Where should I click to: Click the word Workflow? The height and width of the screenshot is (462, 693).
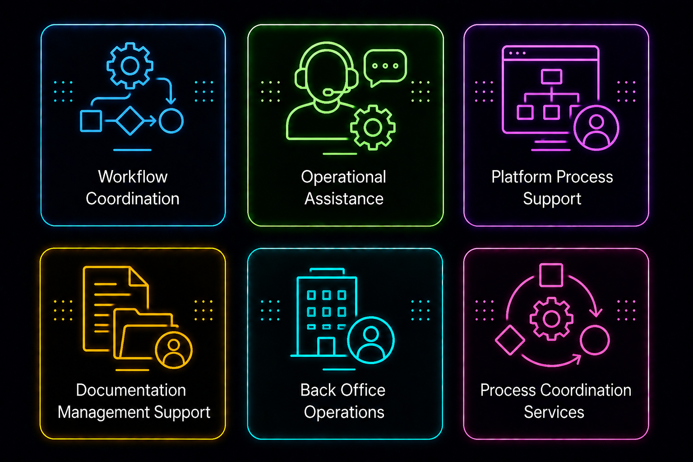[133, 177]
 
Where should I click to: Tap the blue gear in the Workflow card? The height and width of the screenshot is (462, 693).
[130, 65]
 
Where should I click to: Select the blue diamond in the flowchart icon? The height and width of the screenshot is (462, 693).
[130, 120]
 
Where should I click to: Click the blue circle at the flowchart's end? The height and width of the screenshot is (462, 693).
[171, 120]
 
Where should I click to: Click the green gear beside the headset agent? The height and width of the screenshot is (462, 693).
[373, 127]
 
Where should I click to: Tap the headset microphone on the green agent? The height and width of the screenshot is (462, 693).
[328, 92]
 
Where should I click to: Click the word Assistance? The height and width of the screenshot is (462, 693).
[344, 199]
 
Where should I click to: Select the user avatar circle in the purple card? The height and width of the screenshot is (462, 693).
[596, 128]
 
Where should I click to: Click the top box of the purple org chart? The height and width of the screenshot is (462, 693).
[552, 76]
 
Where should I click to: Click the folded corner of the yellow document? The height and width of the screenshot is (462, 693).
[138, 276]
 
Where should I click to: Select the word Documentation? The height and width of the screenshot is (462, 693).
[131, 390]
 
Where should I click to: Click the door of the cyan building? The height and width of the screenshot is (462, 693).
[326, 346]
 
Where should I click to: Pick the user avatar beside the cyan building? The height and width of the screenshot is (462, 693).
[371, 340]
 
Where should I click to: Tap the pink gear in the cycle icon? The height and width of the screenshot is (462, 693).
[551, 319]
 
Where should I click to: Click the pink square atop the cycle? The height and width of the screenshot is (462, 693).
[551, 275]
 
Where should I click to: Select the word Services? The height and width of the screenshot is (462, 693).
[554, 412]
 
